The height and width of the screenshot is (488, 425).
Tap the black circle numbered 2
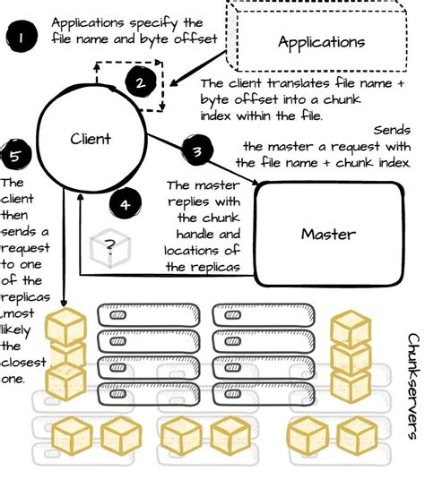click(x=140, y=83)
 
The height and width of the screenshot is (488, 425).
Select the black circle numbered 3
click(x=196, y=151)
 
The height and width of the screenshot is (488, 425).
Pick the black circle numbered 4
click(x=125, y=203)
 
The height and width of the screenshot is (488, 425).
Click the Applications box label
click(x=321, y=42)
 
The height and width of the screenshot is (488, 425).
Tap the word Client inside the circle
click(x=91, y=139)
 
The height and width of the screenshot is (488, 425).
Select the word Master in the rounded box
click(x=327, y=235)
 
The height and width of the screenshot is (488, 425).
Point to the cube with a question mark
click(x=109, y=246)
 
